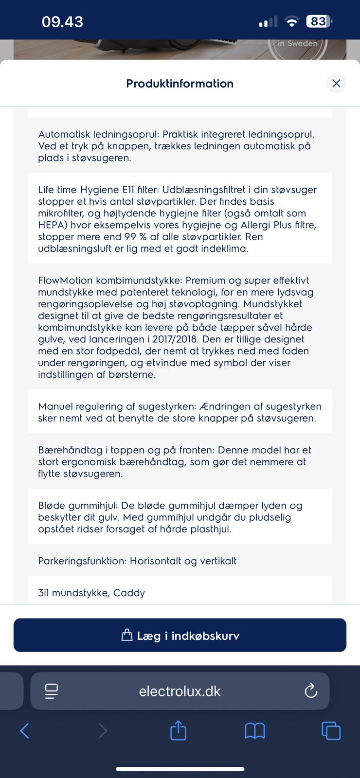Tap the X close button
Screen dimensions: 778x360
click(336, 83)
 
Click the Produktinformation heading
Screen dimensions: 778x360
click(180, 84)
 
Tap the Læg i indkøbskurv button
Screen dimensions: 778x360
click(180, 635)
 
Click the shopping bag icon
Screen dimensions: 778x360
click(126, 635)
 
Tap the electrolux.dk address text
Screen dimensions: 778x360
click(180, 691)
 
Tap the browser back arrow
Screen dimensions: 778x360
click(25, 730)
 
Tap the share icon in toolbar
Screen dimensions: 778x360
click(178, 730)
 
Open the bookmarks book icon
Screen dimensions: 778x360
click(254, 730)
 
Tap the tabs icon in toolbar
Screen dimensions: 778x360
click(331, 730)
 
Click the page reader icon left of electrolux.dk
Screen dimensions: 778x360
click(51, 691)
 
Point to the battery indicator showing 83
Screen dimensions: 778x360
click(319, 21)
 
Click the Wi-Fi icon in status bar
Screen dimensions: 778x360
click(292, 21)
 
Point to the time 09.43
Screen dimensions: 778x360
click(62, 21)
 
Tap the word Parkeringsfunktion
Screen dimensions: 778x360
click(83, 561)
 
